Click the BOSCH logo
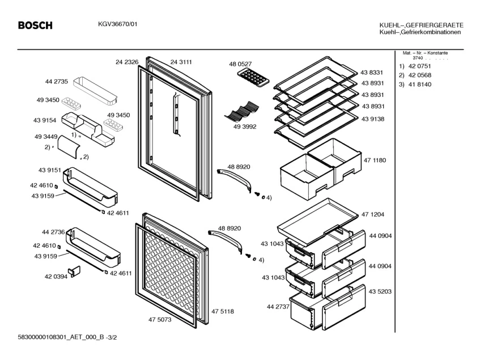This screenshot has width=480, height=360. point(35,26)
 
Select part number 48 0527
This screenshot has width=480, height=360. point(240,64)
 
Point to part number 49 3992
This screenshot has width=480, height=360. point(245,127)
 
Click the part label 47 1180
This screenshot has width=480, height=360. point(375,160)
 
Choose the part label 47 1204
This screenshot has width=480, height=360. point(373,214)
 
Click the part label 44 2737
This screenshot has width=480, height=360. point(278,307)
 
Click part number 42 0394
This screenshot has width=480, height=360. point(56,277)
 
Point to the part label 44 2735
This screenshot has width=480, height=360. point(57,82)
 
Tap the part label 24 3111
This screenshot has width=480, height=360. point(181,62)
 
